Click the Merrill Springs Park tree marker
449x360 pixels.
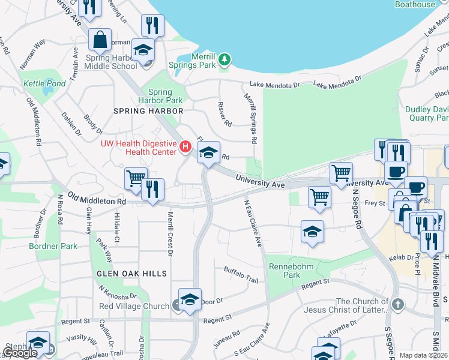click(x=224, y=59)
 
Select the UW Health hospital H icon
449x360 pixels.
click(x=185, y=146)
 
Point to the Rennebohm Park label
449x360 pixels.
click(x=284, y=270)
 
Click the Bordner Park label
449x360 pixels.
click(x=53, y=246)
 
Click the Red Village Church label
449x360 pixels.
click(x=134, y=306)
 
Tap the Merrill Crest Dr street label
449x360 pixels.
click(x=170, y=233)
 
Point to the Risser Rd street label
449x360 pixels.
click(x=223, y=114)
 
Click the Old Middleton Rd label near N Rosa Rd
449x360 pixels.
click(x=96, y=198)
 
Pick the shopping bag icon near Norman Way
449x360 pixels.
click(x=100, y=40)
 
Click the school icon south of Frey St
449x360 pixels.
click(x=312, y=232)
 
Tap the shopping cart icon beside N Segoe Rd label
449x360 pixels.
click(x=341, y=173)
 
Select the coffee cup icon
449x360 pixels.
click(x=396, y=171)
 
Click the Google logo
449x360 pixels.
click(x=20, y=353)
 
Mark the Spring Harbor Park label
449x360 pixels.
click(x=160, y=96)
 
